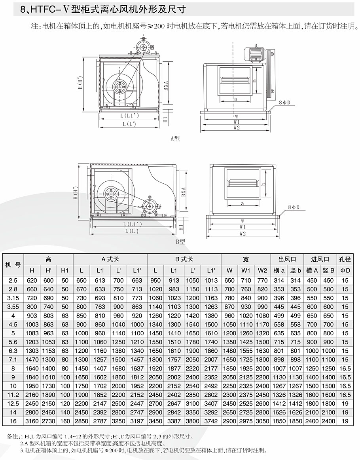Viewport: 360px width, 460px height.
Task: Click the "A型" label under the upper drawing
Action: tap(175, 139)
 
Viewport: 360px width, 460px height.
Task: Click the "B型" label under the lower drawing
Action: tap(180, 241)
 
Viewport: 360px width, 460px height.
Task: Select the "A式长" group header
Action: tap(110, 260)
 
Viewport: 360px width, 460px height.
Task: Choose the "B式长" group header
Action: tap(184, 260)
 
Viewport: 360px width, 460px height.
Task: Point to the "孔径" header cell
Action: tap(345, 260)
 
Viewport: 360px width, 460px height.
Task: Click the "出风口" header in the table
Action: tap(287, 260)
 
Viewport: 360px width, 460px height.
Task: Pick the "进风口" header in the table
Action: tap(320, 260)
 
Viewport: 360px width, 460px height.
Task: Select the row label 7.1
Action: tap(13, 359)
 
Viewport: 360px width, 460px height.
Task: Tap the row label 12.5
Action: tap(13, 403)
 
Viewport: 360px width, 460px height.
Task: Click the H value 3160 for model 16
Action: tap(32, 421)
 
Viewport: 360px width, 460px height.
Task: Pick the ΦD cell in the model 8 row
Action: tap(345, 368)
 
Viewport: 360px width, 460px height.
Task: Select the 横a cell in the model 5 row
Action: tap(279, 333)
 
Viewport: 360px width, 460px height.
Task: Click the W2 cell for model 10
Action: tap(263, 386)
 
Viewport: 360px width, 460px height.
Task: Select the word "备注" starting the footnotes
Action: tap(13, 437)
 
